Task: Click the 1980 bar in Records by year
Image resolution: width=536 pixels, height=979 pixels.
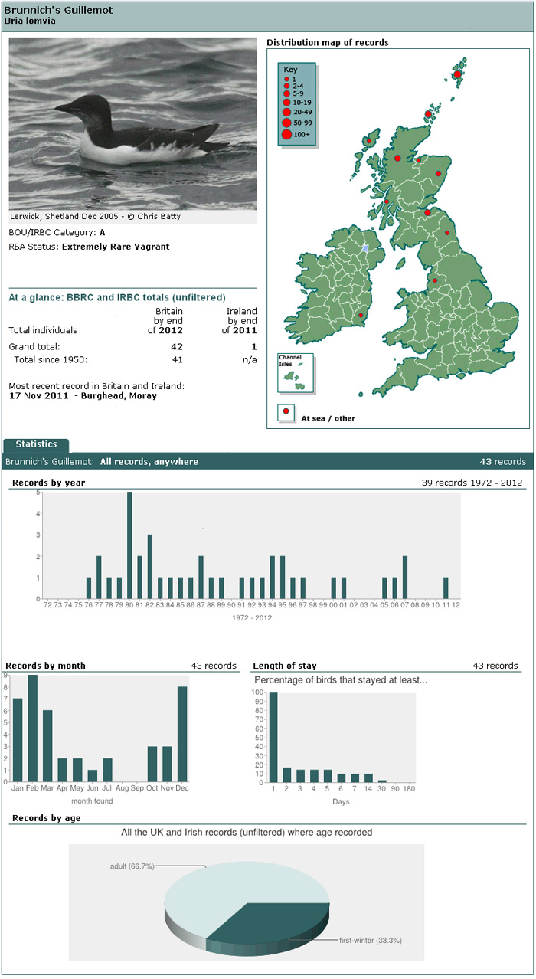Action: tap(129, 545)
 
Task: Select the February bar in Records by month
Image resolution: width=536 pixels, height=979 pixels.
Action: tap(32, 729)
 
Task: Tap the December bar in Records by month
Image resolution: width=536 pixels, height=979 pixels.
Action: tap(182, 734)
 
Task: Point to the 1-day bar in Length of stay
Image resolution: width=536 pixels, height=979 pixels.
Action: tap(273, 737)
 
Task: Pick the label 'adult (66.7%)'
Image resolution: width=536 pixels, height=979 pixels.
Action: tap(132, 866)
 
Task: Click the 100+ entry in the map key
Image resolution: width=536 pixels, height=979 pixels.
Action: tap(296, 134)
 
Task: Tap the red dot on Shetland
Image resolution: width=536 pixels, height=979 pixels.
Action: tap(457, 74)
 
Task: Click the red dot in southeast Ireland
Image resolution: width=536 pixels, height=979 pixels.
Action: tap(361, 315)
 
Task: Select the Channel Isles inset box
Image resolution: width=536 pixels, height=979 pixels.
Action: tap(296, 372)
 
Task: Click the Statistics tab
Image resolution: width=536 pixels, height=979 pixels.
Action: tap(36, 444)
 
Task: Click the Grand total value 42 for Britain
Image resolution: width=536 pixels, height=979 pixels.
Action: tap(177, 346)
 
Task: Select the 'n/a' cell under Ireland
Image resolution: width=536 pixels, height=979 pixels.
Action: tap(250, 360)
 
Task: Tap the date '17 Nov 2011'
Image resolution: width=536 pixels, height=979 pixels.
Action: tap(39, 396)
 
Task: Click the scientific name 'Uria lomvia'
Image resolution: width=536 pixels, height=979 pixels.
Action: tap(30, 21)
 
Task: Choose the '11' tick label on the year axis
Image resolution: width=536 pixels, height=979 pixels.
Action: tap(446, 605)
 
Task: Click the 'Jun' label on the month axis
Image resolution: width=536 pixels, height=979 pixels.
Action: tap(92, 788)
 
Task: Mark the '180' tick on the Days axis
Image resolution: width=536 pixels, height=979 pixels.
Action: tap(409, 789)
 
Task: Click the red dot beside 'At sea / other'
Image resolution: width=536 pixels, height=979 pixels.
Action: tap(286, 411)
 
